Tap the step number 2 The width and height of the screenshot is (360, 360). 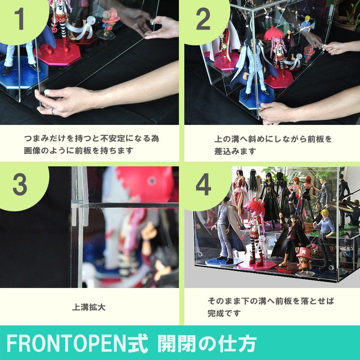(203, 19)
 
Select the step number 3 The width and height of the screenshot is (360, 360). (20, 184)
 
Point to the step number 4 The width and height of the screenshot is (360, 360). (203, 184)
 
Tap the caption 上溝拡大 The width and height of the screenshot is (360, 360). (89, 307)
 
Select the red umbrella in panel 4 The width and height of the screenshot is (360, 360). (254, 207)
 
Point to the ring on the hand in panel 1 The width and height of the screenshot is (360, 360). (53, 111)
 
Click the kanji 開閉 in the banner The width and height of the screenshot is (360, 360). (177, 344)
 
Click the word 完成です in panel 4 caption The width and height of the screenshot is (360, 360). (224, 313)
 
